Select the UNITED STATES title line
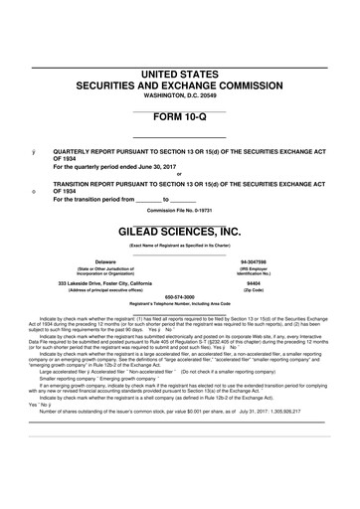180,75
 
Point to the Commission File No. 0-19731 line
180,210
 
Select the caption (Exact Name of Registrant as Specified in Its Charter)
180,245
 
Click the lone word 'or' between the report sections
180,176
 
